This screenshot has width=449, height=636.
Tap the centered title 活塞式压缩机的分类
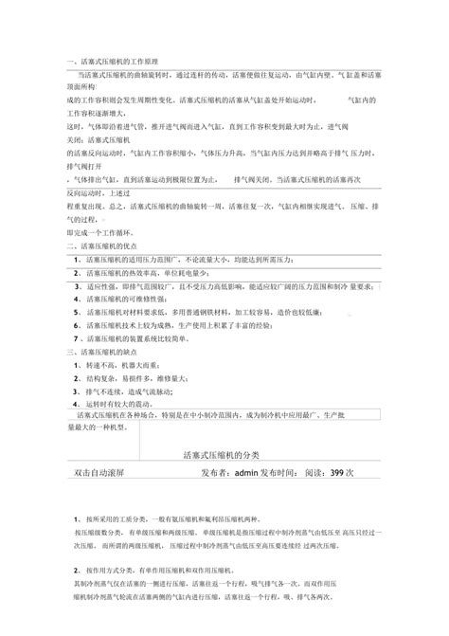pos(227,457)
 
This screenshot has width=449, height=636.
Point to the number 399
pos(336,471)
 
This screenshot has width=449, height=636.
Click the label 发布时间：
pos(290,471)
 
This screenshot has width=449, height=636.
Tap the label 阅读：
pos(320,471)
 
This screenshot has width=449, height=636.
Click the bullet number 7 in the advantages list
pos(76,336)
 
